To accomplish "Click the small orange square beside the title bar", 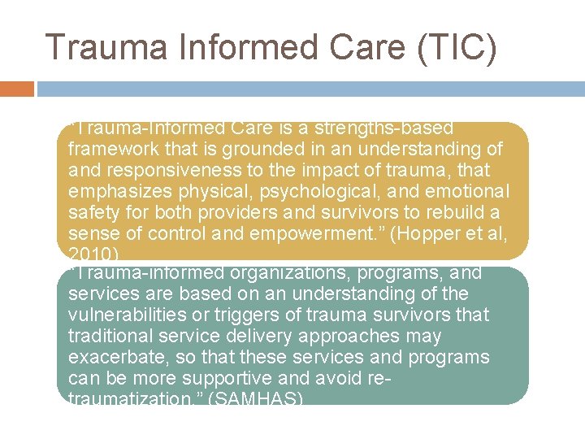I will [x=17, y=88].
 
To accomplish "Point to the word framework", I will [x=114, y=150].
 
